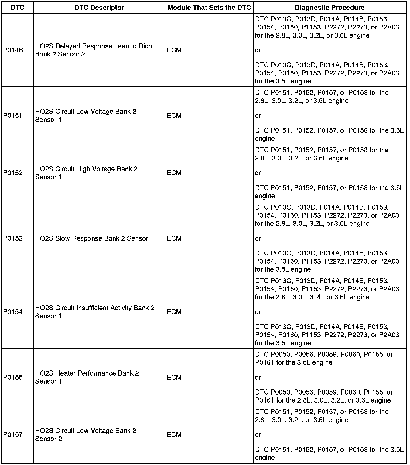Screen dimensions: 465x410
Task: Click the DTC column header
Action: point(18,8)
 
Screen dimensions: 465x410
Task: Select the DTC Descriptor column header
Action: point(99,8)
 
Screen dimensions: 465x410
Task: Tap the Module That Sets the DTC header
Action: point(209,8)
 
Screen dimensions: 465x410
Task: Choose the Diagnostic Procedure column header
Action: point(330,8)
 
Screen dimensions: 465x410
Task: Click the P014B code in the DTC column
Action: point(13,50)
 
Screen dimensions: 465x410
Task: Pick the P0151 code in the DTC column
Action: point(13,116)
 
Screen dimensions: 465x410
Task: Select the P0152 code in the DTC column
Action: point(13,173)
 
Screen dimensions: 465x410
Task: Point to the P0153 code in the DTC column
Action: point(13,238)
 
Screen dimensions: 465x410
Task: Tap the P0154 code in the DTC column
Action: point(13,312)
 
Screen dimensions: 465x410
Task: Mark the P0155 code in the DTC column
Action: point(13,377)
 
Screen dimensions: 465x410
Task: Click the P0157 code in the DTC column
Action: point(13,434)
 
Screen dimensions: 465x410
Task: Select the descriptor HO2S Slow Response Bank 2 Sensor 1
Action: point(94,238)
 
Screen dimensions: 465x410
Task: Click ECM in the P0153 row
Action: point(174,238)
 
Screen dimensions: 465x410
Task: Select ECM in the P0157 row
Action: point(174,434)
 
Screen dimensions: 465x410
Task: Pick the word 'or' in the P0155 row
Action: point(258,377)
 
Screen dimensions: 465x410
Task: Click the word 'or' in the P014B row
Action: point(258,50)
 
